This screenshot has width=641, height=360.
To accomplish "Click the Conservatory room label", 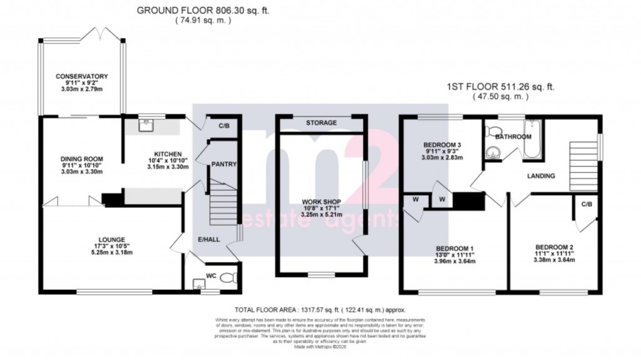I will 82,76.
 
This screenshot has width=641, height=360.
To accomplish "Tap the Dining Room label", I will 82,159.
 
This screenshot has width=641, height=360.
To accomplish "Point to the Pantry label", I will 223,165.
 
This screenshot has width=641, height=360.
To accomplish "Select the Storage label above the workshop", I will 322,123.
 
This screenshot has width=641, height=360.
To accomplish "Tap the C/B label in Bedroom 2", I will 587,204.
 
